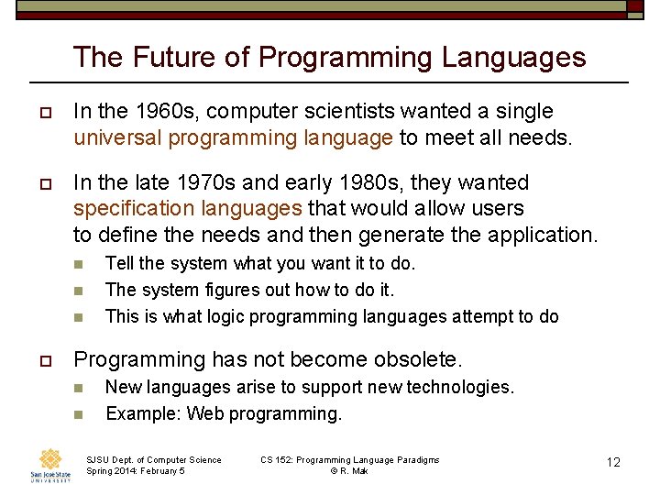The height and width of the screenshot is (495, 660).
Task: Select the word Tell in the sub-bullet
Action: tap(120, 263)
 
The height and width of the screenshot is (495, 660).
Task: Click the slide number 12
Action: tap(613, 462)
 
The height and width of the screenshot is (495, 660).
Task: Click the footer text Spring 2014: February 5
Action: tap(136, 471)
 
